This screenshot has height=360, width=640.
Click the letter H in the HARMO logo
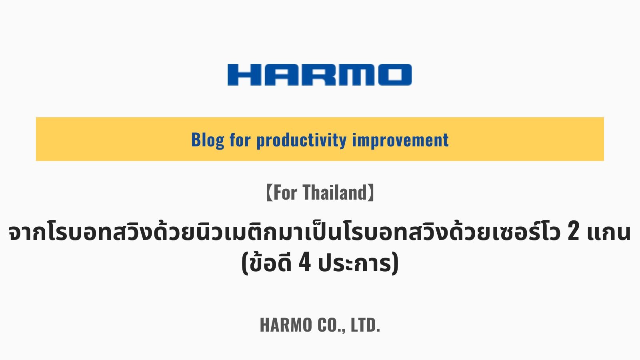(x=244, y=75)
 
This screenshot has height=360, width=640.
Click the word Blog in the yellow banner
(x=208, y=140)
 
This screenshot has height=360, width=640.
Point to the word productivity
(x=302, y=140)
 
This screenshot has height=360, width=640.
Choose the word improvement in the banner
(x=400, y=140)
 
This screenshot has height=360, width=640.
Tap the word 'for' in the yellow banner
(x=240, y=140)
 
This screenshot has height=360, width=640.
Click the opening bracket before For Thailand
(x=269, y=192)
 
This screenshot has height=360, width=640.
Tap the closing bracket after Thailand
(x=371, y=192)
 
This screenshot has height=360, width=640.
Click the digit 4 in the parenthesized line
(x=304, y=263)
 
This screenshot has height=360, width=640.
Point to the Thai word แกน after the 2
(x=608, y=232)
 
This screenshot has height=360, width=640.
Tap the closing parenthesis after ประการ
(x=395, y=264)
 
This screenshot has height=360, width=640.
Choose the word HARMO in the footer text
(x=286, y=325)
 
